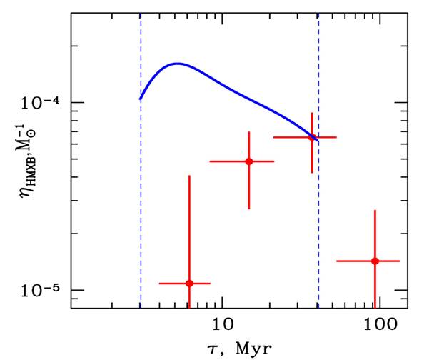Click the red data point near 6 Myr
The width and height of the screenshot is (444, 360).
point(189,284)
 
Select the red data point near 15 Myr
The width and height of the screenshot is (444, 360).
point(249,161)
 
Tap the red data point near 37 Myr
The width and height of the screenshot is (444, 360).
point(311,137)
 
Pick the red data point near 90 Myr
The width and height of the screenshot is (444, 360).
point(375,261)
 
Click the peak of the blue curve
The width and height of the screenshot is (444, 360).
point(176,64)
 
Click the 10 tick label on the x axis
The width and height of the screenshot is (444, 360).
point(223,324)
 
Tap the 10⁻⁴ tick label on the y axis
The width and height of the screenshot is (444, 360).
point(44,102)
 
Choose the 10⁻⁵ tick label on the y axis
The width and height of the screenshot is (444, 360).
point(44,289)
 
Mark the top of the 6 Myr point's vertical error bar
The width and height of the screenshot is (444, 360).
point(189,176)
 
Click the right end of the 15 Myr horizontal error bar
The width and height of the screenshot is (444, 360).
point(274,161)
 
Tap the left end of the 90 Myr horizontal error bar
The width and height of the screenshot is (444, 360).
point(337,261)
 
